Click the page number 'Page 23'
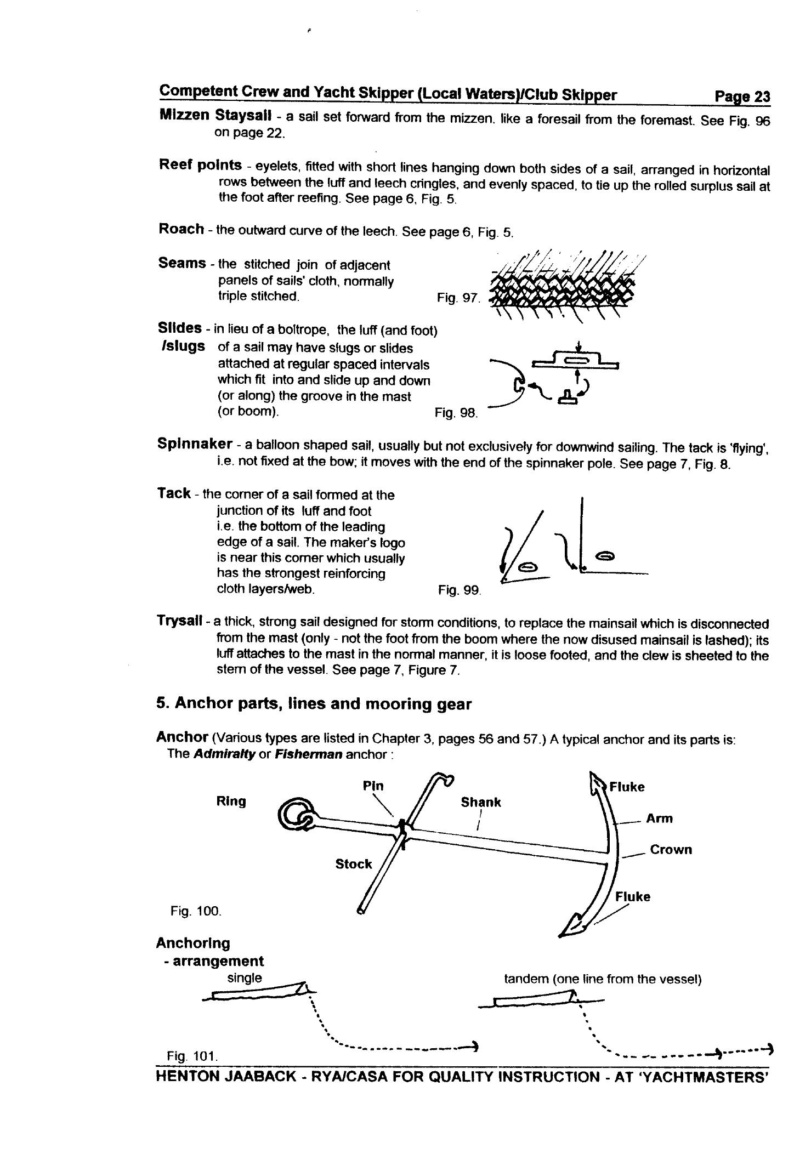coord(742,97)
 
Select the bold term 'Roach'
coord(181,229)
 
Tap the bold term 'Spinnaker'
coord(195,444)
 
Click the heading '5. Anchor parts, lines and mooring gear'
coord(314,704)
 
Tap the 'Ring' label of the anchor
coord(231,801)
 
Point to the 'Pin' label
coord(373,786)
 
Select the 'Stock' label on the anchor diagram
coord(353,863)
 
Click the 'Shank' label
coord(480,802)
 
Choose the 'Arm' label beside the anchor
coord(659,818)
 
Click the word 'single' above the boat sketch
coord(245,977)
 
